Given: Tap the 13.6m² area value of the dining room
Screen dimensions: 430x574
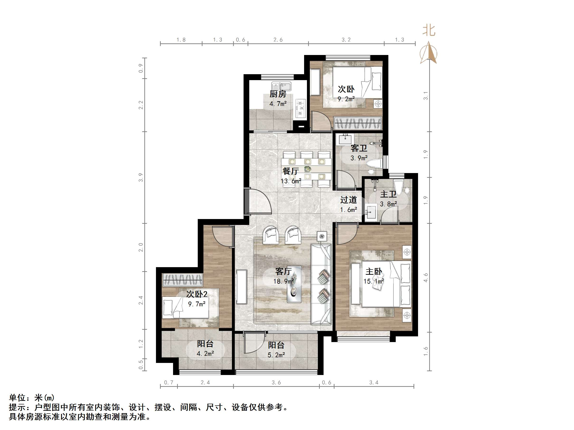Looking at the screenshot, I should click(291, 181).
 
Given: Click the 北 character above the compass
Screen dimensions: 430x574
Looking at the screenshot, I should click(429, 31).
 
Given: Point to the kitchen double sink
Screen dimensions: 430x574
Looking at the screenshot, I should click(282, 86).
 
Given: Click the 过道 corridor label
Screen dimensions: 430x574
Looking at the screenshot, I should click(348, 200).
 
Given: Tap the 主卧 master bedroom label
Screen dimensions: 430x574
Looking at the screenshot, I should click(374, 271).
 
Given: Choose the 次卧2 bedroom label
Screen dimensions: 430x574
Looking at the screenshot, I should click(197, 294).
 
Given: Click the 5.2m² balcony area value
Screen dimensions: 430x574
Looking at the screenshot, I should click(276, 355).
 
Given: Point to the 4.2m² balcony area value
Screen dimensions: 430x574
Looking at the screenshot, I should click(205, 353).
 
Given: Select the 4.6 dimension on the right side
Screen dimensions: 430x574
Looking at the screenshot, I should click(426, 278).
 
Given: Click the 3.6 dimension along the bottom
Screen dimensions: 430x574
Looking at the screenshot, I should click(276, 383).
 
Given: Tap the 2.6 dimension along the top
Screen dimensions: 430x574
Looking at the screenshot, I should click(278, 40).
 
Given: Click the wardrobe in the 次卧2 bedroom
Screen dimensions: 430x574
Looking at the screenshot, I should click(182, 280).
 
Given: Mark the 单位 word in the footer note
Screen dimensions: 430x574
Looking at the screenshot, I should click(17, 398).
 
